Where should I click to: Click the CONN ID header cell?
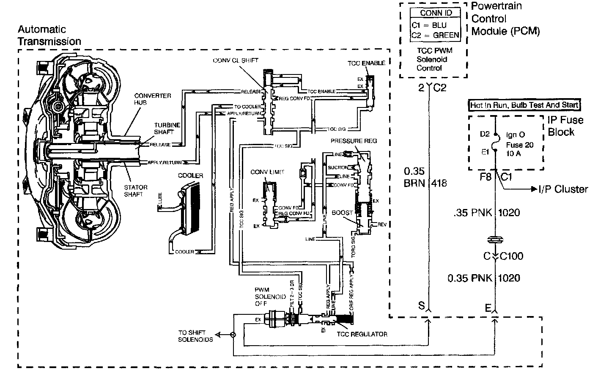point(436,13)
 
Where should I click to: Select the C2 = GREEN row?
point(436,35)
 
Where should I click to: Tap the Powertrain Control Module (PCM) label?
point(505,19)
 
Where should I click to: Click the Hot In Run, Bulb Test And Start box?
point(524,105)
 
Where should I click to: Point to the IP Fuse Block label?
point(565,126)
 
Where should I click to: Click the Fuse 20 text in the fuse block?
point(520,145)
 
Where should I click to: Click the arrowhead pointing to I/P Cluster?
point(534,189)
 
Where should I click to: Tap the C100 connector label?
point(511,256)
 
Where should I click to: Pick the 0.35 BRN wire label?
point(414,178)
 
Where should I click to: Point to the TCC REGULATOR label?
point(362,334)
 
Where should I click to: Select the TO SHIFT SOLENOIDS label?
point(195,336)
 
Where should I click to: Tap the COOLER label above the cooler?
point(190,176)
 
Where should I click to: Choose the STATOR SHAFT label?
point(136,191)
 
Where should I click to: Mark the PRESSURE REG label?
point(354,141)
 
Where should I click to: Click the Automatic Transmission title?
point(49,36)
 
